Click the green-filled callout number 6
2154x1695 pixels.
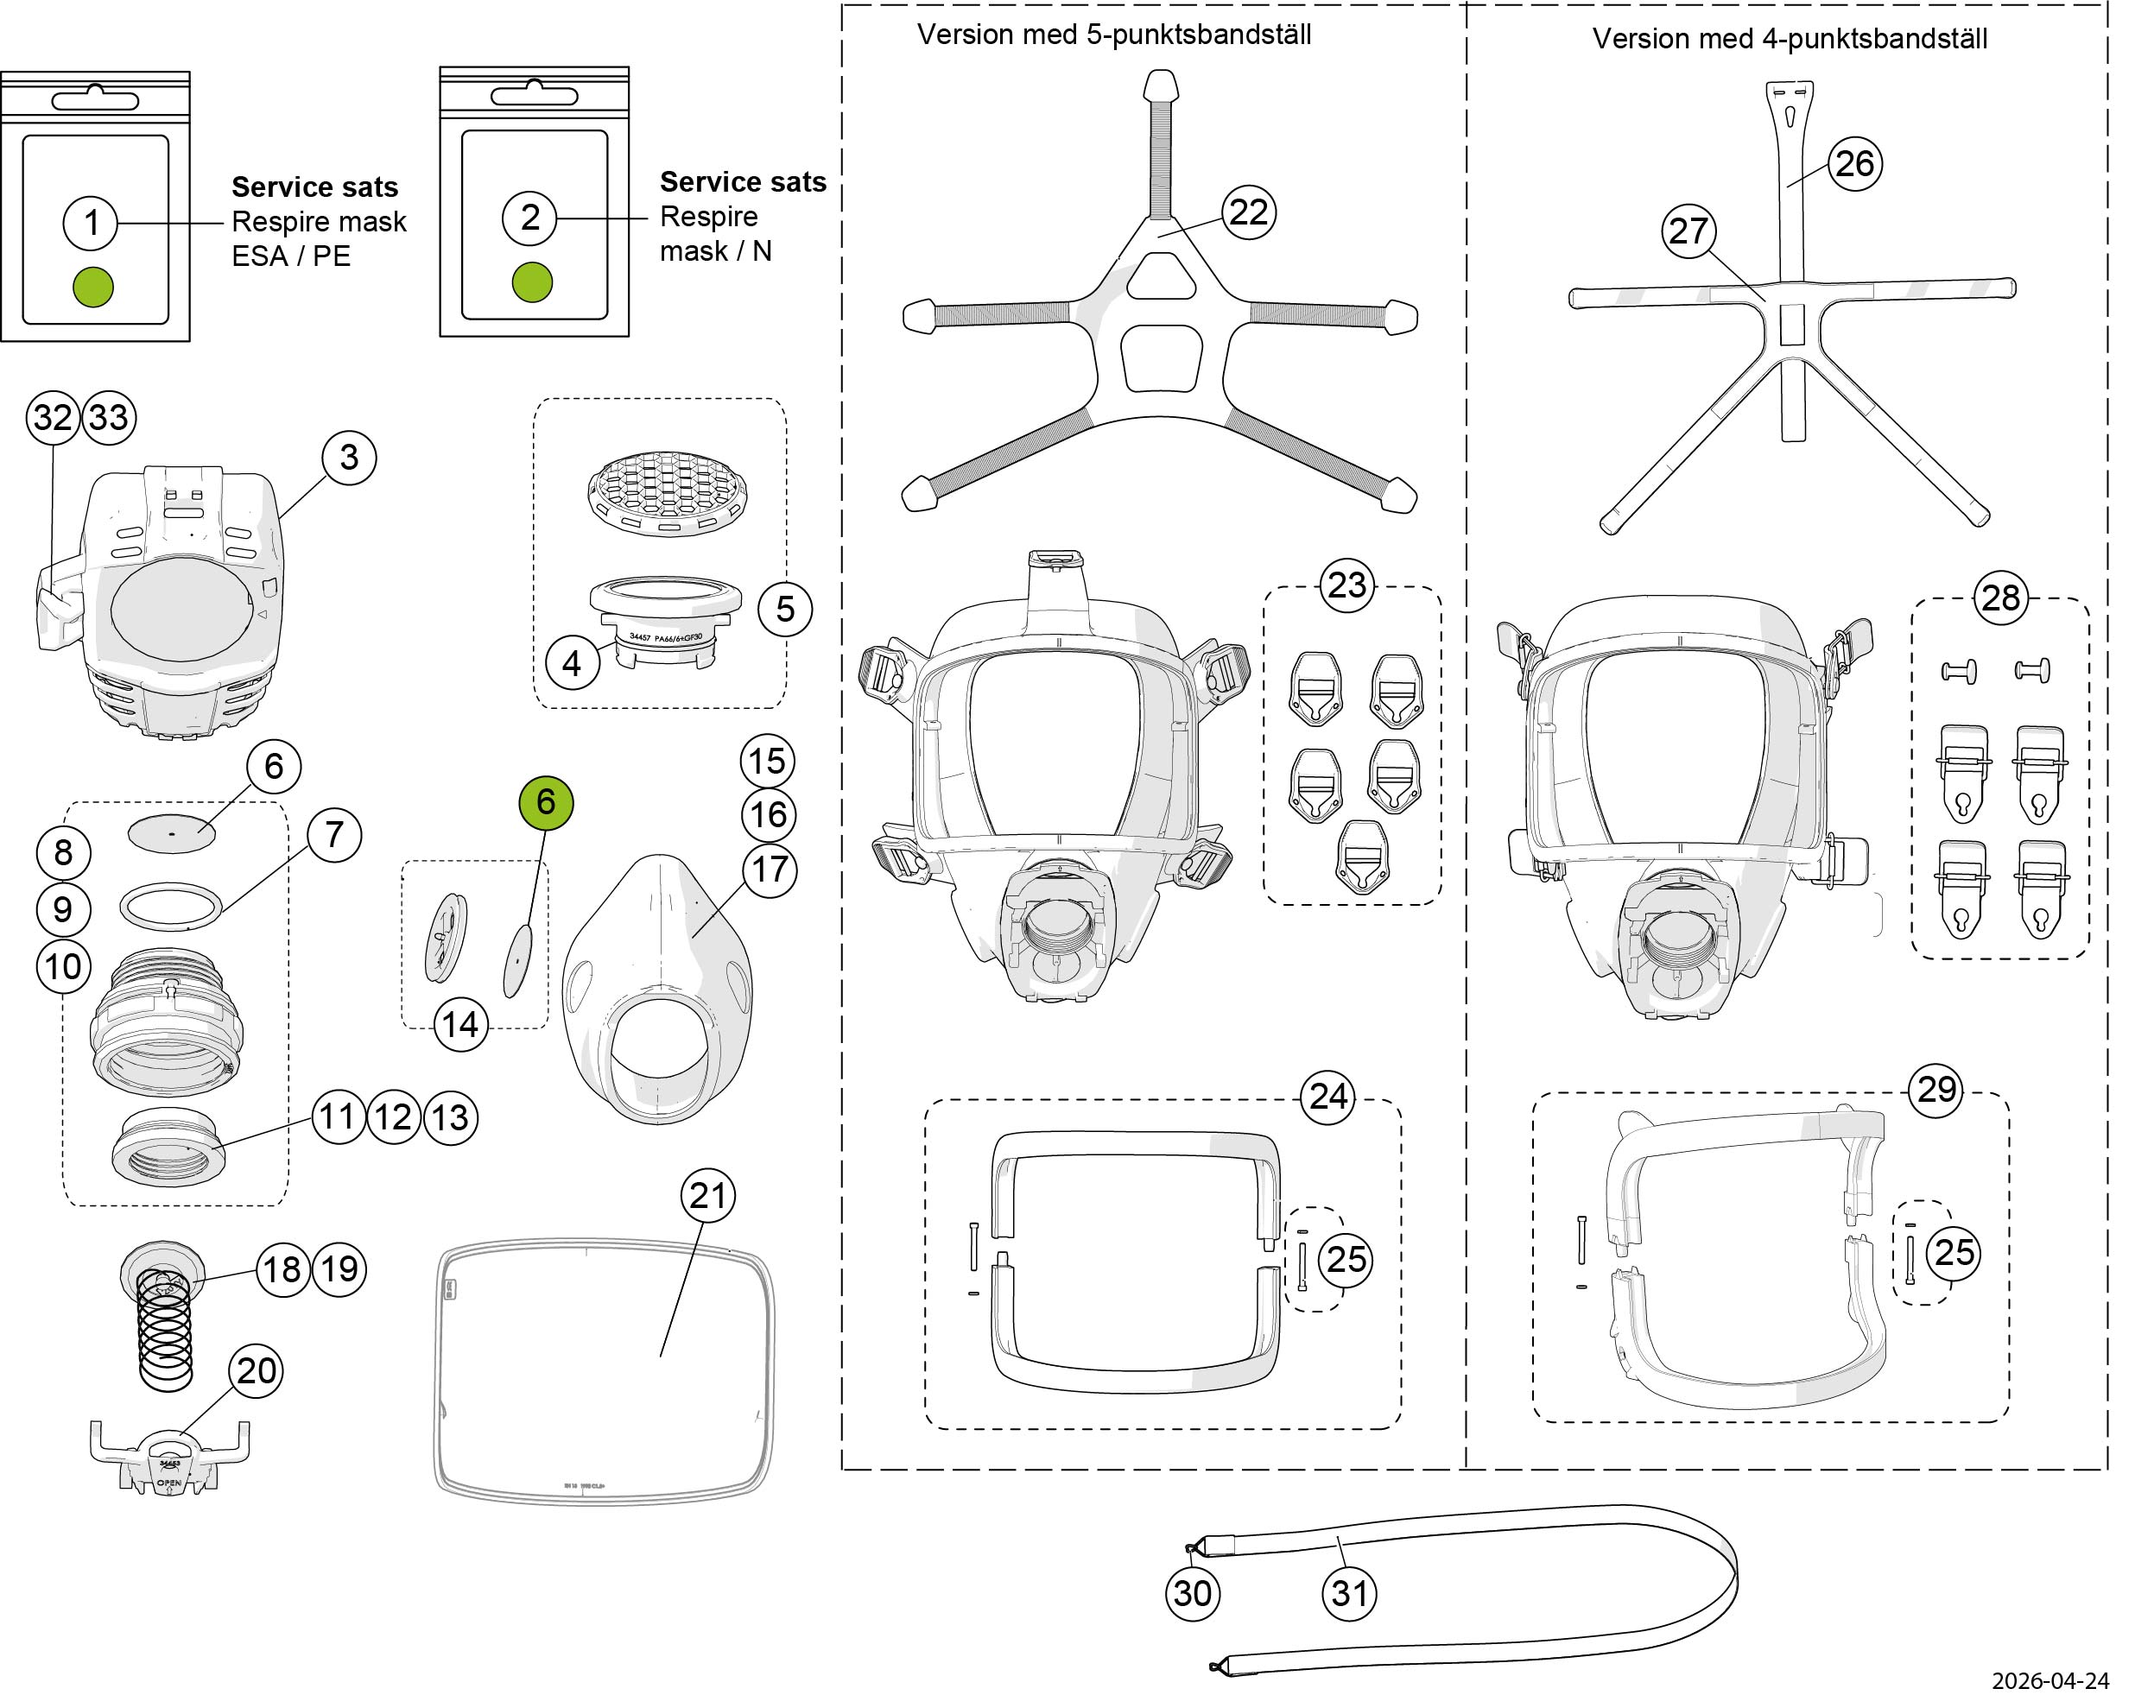[x=546, y=802]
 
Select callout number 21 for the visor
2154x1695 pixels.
[x=707, y=1196]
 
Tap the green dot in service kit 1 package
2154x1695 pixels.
[x=93, y=287]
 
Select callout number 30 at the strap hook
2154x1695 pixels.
[x=1192, y=1593]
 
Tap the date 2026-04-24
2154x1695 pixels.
[x=2063, y=1680]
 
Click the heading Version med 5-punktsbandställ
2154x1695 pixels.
[x=1114, y=35]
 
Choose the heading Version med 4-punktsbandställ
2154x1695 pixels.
[x=1790, y=39]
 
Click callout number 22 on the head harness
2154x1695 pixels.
[x=1249, y=212]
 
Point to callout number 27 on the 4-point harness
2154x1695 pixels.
[x=1688, y=231]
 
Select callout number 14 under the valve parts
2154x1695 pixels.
[x=460, y=1024]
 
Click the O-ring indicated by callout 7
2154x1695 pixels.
[x=171, y=907]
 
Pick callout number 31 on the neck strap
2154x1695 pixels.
[x=1350, y=1593]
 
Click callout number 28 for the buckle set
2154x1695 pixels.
[x=2001, y=598]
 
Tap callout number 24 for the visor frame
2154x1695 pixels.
[x=1328, y=1097]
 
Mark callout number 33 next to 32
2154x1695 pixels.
[x=109, y=417]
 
